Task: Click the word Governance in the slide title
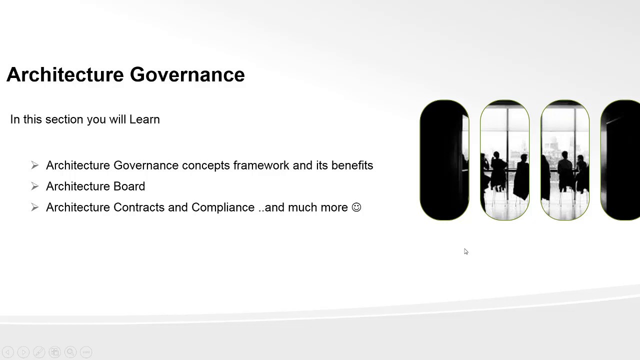point(187,74)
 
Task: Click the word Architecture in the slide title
point(65,74)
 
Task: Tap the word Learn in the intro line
point(144,119)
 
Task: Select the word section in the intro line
point(64,119)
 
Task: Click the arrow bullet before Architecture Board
point(34,186)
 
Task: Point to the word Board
point(129,186)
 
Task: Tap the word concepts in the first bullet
point(205,165)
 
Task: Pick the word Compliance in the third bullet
point(222,207)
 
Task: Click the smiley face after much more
point(356,207)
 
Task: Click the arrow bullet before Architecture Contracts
point(34,207)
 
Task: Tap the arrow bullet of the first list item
point(34,165)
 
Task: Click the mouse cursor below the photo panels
point(465,251)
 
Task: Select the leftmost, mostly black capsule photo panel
point(444,160)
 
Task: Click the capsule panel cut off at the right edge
point(621,160)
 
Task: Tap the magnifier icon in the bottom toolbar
point(70,352)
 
